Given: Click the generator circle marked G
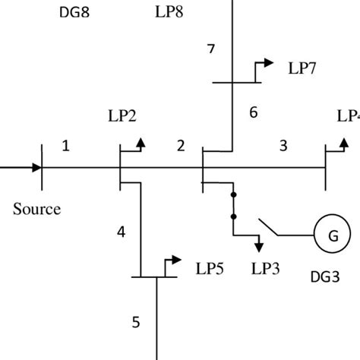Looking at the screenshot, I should pyautogui.click(x=333, y=237).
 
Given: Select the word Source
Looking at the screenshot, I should pyautogui.click(x=36, y=209).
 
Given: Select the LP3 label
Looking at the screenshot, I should pyautogui.click(x=267, y=269).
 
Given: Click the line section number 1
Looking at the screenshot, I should pyautogui.click(x=65, y=147).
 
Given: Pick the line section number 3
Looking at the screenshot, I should pyautogui.click(x=283, y=147).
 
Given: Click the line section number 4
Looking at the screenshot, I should pyautogui.click(x=121, y=232).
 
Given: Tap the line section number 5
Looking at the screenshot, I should pyautogui.click(x=136, y=322).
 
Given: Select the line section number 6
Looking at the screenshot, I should pyautogui.click(x=254, y=112).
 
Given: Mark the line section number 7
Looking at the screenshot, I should pyautogui.click(x=211, y=50).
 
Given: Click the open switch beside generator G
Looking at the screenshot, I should pyautogui.click(x=273, y=227).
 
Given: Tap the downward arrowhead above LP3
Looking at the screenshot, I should pyautogui.click(x=260, y=245).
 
